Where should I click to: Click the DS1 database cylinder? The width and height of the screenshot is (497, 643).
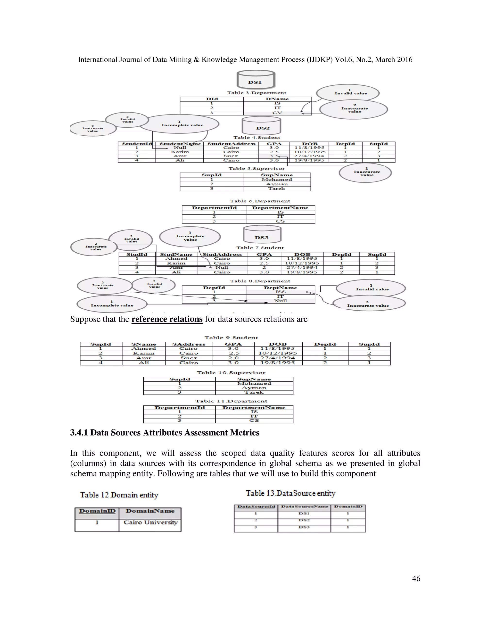[x=256, y=80]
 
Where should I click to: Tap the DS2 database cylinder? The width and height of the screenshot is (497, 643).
[x=261, y=126]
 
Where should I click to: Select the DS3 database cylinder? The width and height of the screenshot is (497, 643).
[x=262, y=235]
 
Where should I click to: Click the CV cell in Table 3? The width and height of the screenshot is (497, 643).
[x=277, y=113]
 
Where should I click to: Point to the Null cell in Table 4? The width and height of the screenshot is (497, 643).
[x=180, y=148]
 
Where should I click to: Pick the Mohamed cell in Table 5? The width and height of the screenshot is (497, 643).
[x=277, y=180]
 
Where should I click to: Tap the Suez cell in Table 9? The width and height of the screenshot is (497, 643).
[x=189, y=358]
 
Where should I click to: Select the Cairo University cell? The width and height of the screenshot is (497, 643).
[x=150, y=523]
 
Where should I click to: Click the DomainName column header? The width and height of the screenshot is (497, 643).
[x=150, y=511]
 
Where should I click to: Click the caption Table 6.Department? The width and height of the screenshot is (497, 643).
[x=260, y=201]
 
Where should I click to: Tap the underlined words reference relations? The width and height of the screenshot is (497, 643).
[x=167, y=319]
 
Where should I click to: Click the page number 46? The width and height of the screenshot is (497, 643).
[x=416, y=578]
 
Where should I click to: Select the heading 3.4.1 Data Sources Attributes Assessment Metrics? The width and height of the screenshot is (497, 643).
[x=165, y=432]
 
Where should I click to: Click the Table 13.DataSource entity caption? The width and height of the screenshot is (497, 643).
[x=290, y=493]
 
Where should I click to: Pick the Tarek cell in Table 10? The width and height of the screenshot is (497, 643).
[x=254, y=392]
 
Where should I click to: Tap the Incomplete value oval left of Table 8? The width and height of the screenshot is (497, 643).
[x=112, y=304]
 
